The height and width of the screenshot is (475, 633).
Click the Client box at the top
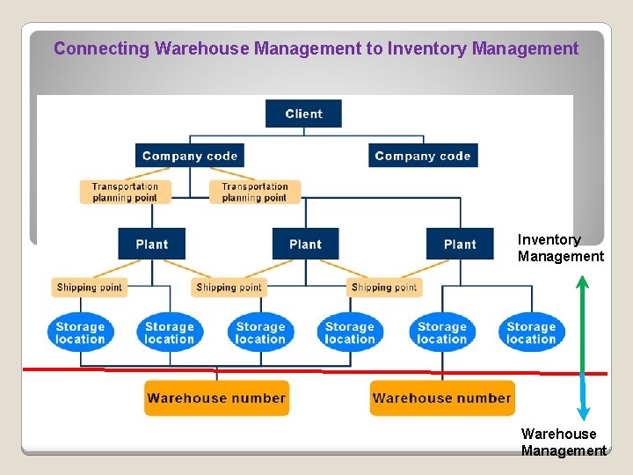(303, 113)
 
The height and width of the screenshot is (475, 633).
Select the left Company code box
(190, 156)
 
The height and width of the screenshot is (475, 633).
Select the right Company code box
(423, 156)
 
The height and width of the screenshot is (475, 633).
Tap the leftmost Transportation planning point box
(125, 192)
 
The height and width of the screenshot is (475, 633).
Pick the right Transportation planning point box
(255, 192)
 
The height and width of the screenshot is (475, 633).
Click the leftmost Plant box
(152, 244)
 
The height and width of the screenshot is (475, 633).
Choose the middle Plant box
(305, 244)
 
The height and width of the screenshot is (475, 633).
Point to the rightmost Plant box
(460, 244)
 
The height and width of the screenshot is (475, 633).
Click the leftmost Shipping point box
(90, 287)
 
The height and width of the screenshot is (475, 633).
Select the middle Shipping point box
(229, 287)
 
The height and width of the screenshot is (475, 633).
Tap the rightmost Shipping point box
(384, 287)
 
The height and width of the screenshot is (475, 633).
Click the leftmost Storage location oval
(80, 332)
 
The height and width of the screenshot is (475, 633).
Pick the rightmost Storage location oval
(531, 332)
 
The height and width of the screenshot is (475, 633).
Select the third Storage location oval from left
(260, 332)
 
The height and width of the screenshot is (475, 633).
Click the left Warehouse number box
(216, 398)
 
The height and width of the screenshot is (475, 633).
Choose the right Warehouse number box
(441, 398)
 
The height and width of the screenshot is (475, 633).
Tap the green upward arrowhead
(582, 281)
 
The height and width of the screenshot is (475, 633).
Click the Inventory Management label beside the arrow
(560, 248)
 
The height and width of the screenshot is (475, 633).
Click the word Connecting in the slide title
(101, 48)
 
